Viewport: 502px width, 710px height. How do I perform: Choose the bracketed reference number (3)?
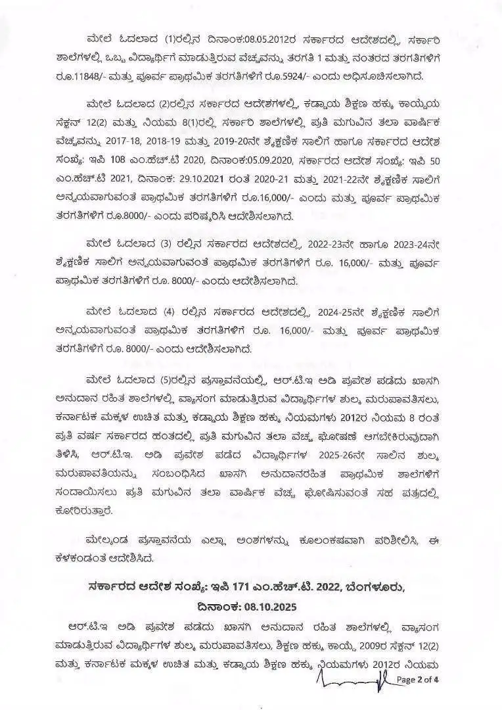coord(170,245)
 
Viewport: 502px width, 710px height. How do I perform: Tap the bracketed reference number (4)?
coord(170,312)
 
